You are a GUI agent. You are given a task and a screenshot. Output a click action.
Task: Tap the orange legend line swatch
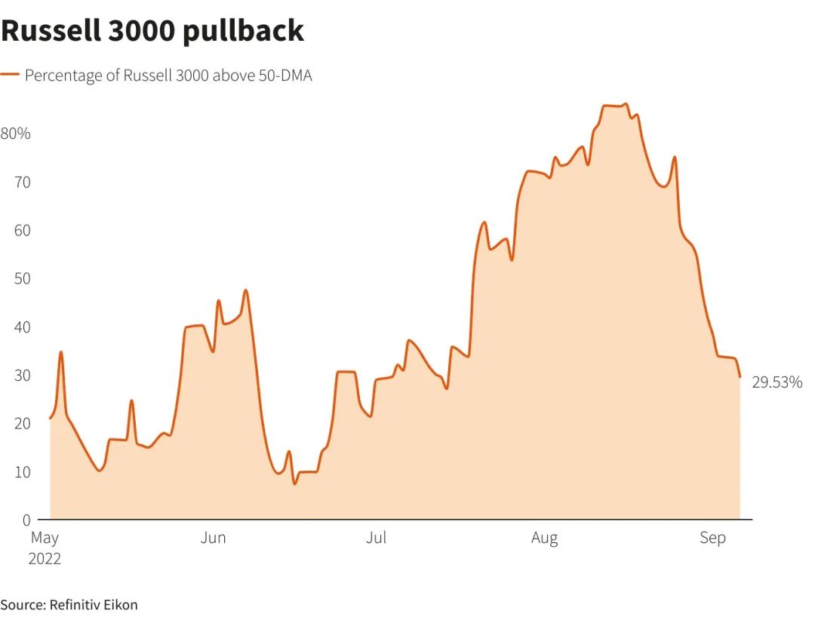click(9, 75)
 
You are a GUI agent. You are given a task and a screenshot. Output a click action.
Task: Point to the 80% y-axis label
click(15, 134)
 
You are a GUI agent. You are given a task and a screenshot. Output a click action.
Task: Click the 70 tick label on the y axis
click(23, 182)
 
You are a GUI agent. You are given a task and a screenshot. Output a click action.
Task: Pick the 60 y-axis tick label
click(23, 230)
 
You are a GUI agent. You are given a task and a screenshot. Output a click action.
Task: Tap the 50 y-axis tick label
click(23, 278)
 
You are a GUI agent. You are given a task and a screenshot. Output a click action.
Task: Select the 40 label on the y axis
click(23, 327)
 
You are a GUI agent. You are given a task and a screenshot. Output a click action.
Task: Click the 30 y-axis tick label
click(23, 375)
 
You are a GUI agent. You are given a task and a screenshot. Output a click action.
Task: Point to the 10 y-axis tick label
click(23, 471)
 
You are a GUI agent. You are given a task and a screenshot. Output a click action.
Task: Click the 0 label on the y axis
click(26, 520)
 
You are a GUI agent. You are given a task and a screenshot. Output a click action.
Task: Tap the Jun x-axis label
click(214, 538)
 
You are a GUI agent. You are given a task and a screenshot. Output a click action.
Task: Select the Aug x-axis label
click(544, 538)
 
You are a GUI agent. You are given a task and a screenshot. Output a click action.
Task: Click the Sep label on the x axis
click(712, 538)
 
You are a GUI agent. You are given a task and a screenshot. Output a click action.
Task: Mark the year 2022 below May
click(45, 559)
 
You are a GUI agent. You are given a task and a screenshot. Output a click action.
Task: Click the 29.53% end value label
click(777, 382)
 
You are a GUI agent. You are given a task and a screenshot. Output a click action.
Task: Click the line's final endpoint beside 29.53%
click(740, 376)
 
